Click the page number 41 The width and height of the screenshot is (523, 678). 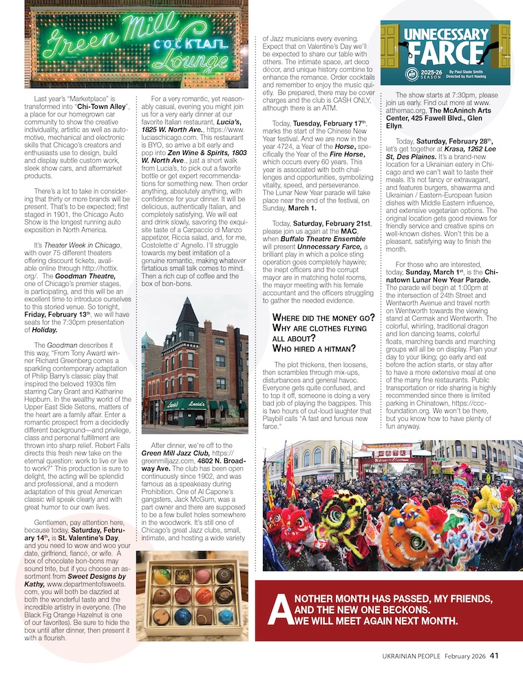494,655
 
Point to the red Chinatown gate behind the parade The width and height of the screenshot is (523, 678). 378,451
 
